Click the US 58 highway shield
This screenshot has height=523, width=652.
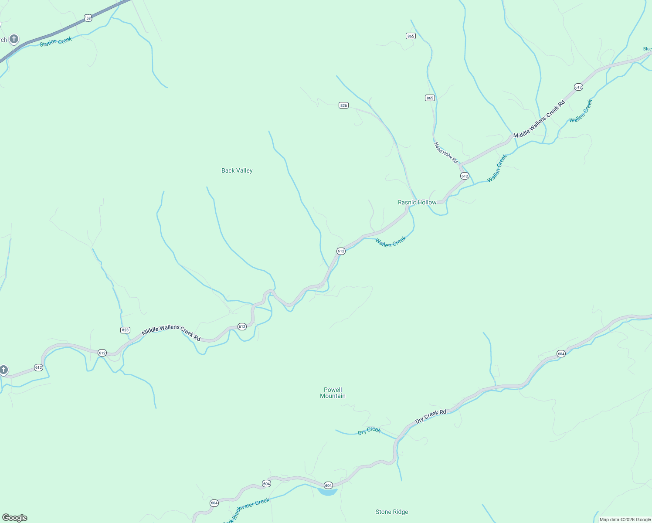[88, 18]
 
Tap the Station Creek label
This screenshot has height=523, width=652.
[56, 42]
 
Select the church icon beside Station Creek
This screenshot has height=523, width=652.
[14, 39]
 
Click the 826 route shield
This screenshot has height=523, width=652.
[343, 105]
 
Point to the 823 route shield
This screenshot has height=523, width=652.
[125, 330]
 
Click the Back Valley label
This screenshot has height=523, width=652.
[237, 170]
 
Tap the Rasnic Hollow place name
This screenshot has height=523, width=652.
[417, 202]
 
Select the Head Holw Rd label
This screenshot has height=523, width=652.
[446, 153]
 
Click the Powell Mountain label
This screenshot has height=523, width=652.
[333, 393]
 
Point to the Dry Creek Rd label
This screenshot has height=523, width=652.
[431, 416]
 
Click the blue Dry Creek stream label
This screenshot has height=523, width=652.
[369, 431]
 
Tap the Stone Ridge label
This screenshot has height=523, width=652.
[392, 512]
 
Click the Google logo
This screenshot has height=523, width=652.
[15, 518]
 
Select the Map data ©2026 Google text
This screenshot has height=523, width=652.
[625, 520]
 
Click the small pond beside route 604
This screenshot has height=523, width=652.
[327, 492]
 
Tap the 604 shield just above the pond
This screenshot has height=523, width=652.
[328, 485]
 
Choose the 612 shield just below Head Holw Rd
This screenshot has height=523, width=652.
[465, 176]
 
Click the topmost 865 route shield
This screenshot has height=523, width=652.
[411, 36]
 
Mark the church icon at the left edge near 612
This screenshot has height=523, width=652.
[3, 370]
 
